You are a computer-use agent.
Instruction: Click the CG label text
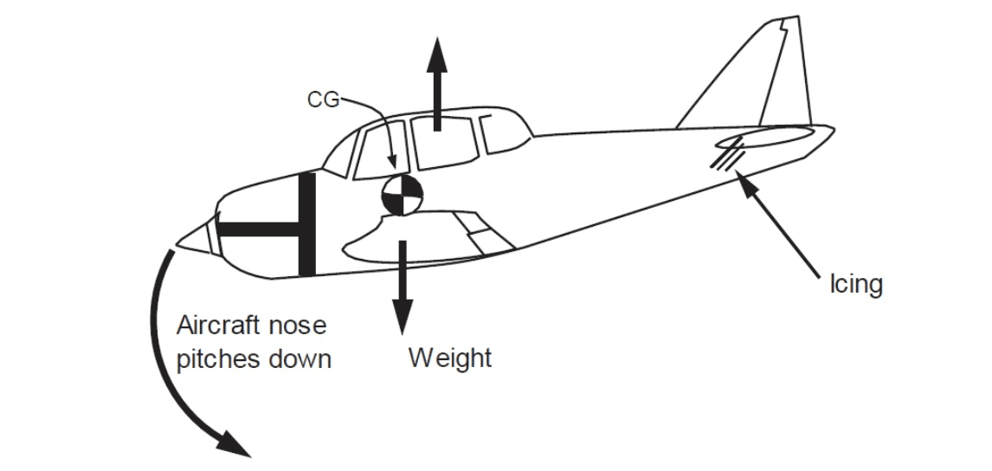tap(323, 100)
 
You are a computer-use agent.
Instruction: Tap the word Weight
tap(450, 358)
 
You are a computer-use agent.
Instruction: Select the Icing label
tap(855, 284)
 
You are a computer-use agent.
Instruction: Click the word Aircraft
tap(218, 326)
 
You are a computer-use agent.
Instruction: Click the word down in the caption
tap(300, 359)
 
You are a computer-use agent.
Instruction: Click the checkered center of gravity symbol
tap(402, 195)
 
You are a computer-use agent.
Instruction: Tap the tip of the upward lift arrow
tap(436, 38)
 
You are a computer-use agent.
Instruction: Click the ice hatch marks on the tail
tap(727, 154)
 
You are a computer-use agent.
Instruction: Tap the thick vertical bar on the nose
tap(306, 224)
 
